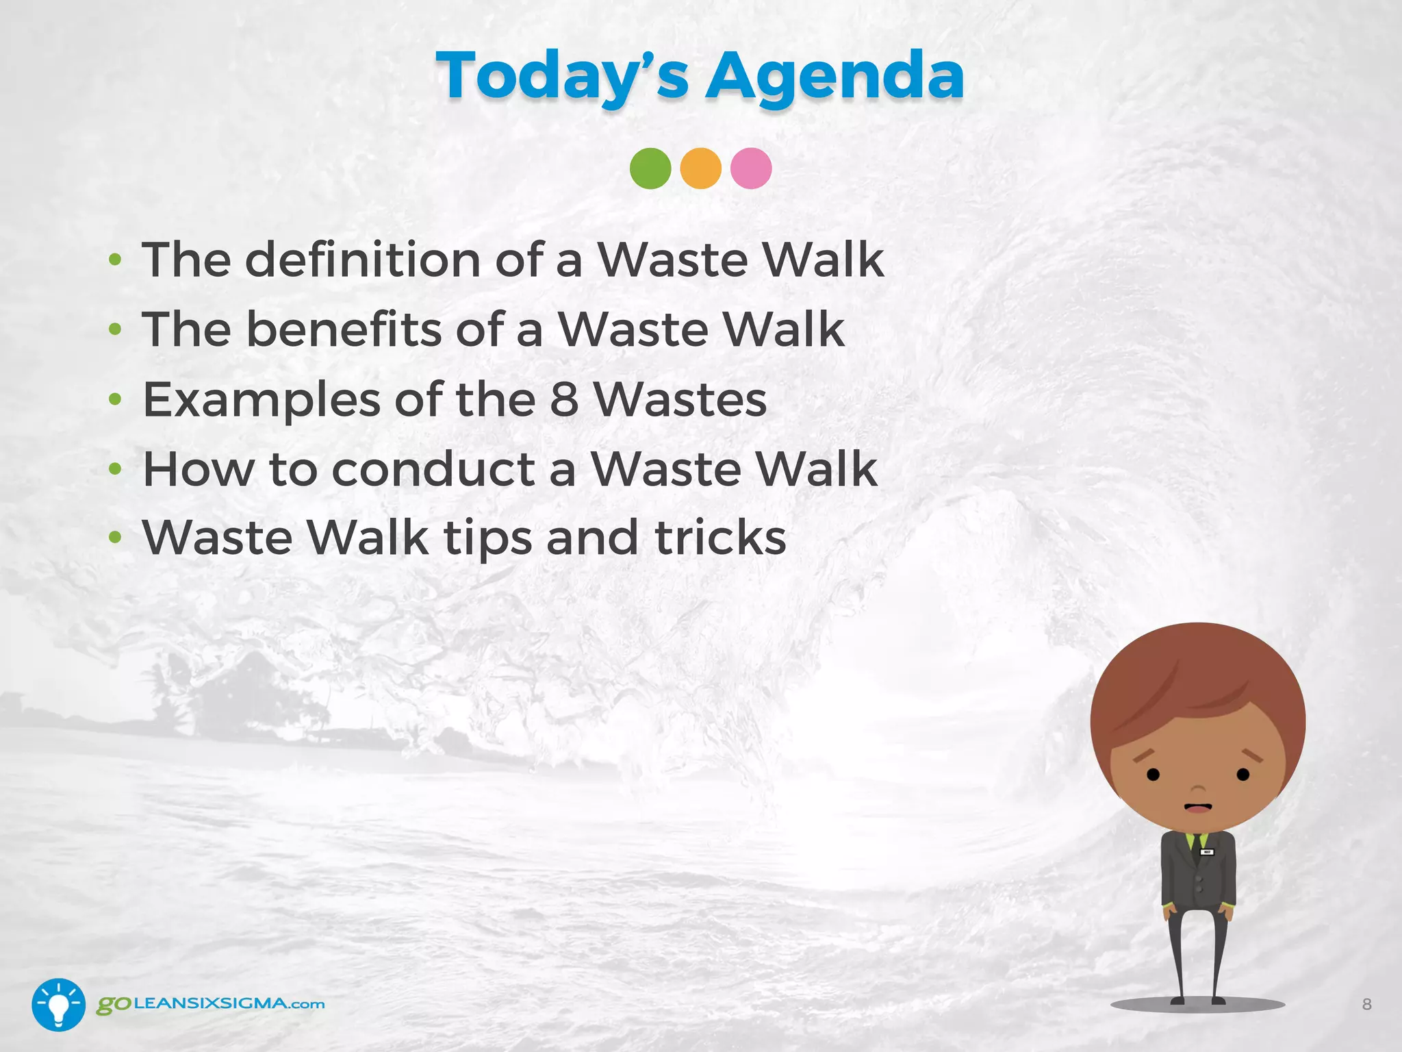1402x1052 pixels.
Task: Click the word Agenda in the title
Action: click(x=834, y=77)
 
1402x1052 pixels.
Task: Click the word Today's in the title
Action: click(x=561, y=77)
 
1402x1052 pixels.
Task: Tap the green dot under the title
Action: click(x=650, y=168)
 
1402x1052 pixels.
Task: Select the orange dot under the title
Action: click(x=700, y=168)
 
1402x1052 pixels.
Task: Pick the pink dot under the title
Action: click(x=751, y=168)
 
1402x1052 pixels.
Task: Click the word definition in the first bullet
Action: click(x=362, y=260)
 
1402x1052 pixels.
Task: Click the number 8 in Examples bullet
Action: click(x=564, y=400)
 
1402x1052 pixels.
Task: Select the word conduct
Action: click(x=433, y=470)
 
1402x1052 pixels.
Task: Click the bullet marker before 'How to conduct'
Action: click(x=115, y=470)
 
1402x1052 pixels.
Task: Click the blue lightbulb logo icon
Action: click(x=58, y=1005)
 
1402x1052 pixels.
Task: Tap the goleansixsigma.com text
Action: click(x=210, y=1004)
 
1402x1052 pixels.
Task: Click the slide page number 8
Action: click(x=1366, y=1005)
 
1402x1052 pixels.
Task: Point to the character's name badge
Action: click(x=1207, y=853)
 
